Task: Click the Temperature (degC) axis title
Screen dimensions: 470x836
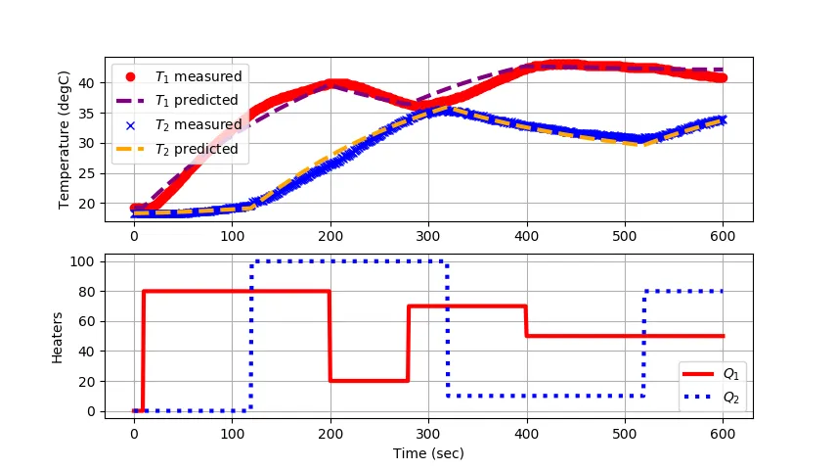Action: coord(65,139)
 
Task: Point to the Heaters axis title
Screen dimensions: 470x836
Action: coord(59,336)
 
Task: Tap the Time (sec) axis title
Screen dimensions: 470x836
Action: coord(428,453)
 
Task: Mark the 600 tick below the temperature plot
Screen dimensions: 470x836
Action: coord(724,236)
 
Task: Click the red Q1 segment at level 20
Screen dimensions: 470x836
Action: coord(369,381)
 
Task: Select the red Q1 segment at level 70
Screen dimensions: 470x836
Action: coord(467,306)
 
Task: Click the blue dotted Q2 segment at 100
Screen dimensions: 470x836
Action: coord(349,261)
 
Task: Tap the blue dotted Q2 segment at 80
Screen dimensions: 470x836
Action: coord(684,292)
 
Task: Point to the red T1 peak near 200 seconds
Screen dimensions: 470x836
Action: coord(334,84)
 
